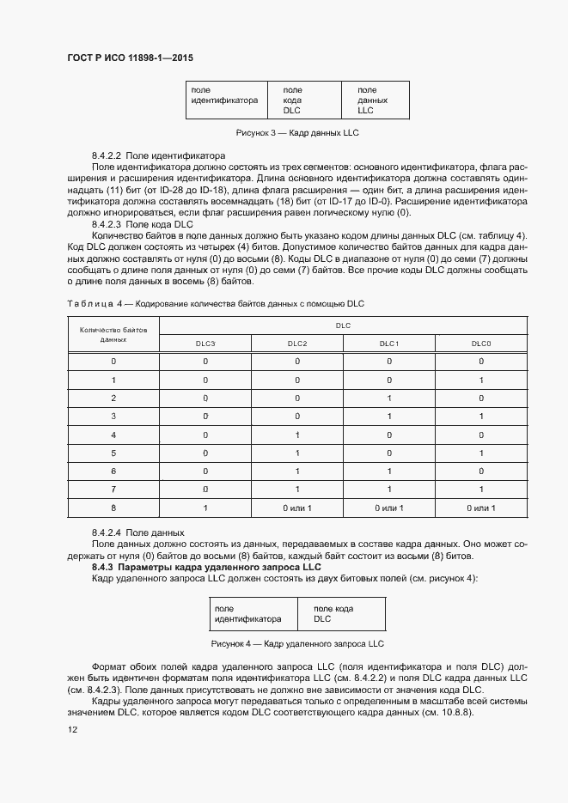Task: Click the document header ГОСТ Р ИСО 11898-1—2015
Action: click(x=130, y=58)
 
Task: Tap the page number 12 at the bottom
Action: click(x=72, y=728)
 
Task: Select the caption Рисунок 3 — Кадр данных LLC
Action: click(x=296, y=133)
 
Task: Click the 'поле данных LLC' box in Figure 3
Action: click(x=376, y=100)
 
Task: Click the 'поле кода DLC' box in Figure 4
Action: click(x=340, y=613)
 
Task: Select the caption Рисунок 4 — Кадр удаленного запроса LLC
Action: click(x=296, y=643)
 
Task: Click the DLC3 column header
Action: click(x=205, y=344)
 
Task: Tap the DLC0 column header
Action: click(x=481, y=344)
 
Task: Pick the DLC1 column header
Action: click(x=389, y=344)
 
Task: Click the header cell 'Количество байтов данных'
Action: click(x=113, y=334)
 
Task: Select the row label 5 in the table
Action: click(x=113, y=453)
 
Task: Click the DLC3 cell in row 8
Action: click(x=205, y=508)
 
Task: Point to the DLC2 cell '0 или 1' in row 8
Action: click(x=297, y=508)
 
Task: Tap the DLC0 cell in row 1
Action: click(x=481, y=380)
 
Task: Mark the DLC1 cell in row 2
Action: click(x=389, y=398)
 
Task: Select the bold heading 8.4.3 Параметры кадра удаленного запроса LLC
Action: click(x=206, y=568)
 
